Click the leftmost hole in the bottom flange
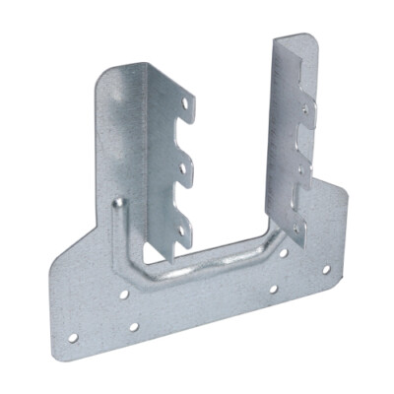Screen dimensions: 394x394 [73, 338]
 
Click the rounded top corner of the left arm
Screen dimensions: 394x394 [109, 74]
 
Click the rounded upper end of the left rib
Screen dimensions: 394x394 [118, 203]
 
